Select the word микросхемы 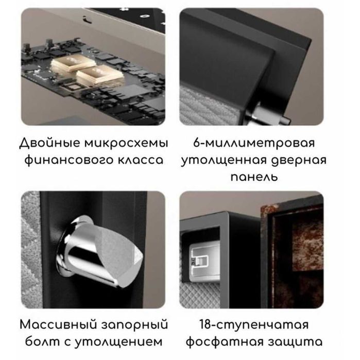coord(126,142)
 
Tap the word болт coord(40,343)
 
